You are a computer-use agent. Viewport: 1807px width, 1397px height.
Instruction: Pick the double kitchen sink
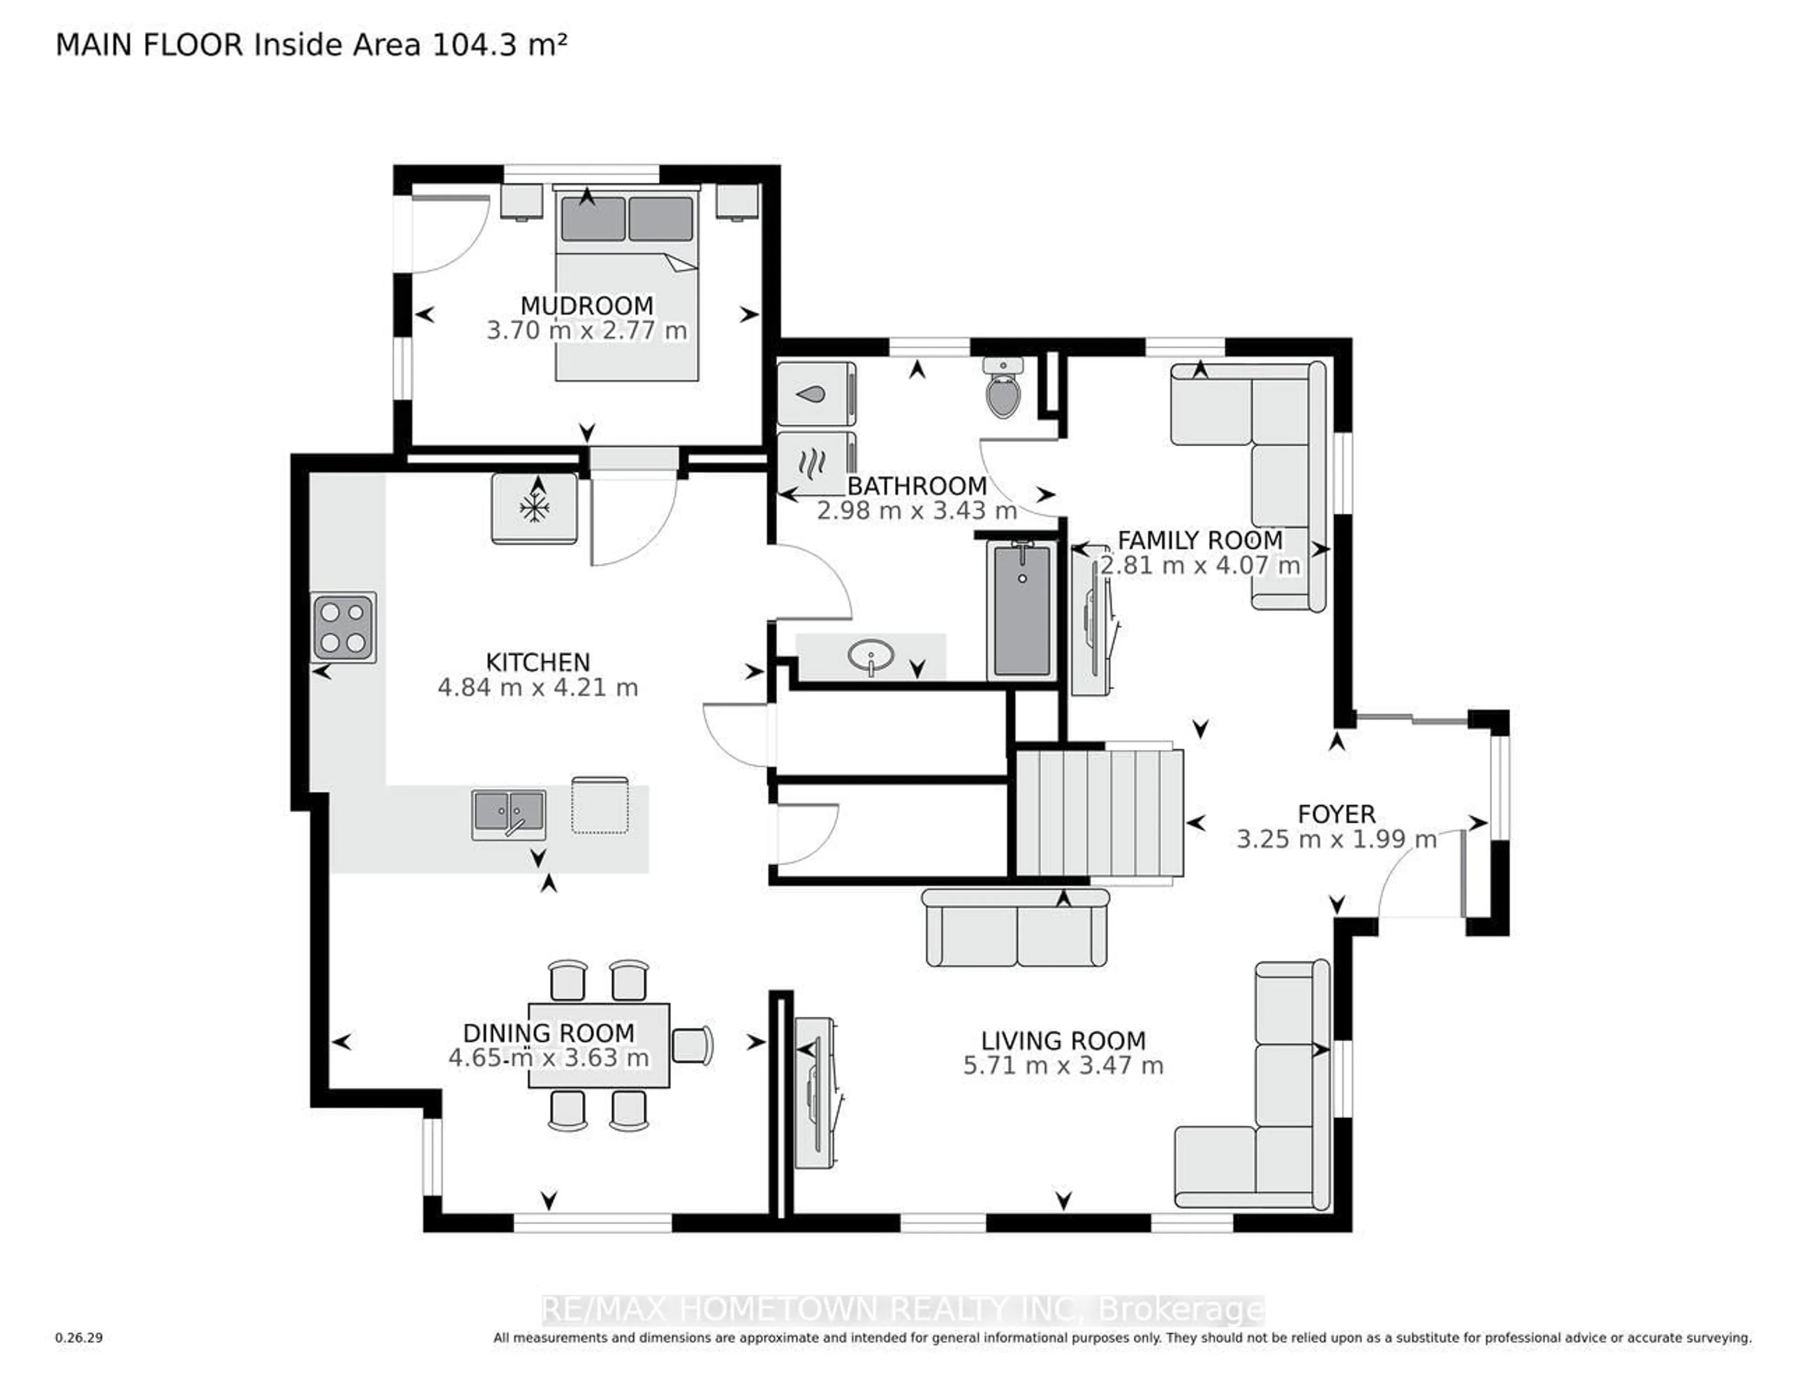[x=509, y=814]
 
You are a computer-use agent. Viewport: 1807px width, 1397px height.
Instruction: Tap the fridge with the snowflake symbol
[x=535, y=508]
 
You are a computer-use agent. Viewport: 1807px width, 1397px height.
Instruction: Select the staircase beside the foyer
[x=1099, y=812]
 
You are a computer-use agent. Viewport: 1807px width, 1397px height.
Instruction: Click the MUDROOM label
[x=587, y=305]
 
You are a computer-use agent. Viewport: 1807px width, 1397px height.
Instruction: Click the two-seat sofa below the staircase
[x=1016, y=929]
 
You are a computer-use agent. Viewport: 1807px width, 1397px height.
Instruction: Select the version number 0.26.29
[x=79, y=1337]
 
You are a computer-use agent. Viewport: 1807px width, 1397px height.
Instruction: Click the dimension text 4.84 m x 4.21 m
[x=538, y=688]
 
